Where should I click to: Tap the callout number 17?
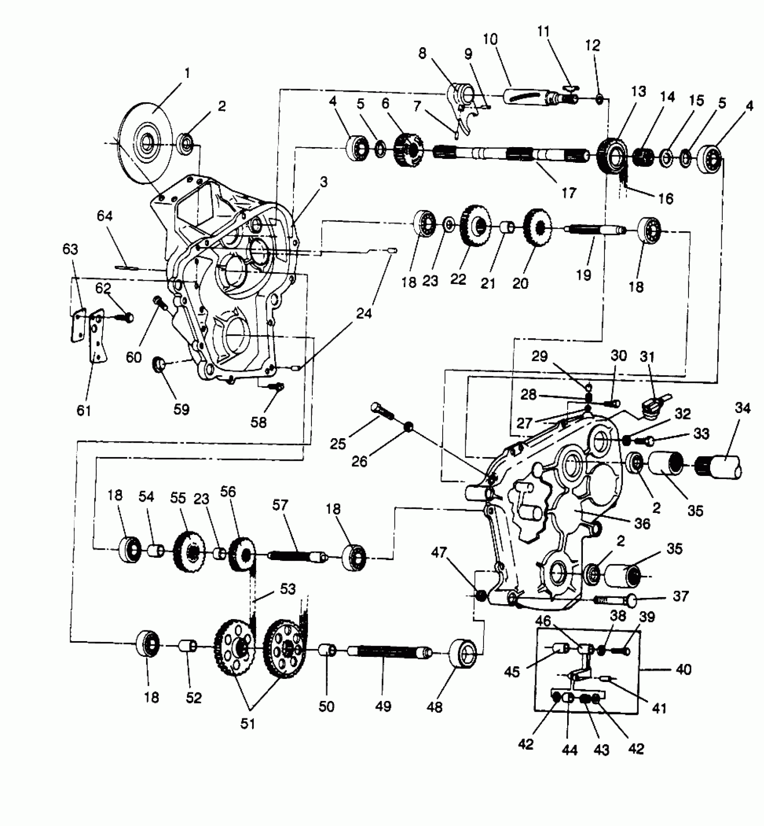coord(569,193)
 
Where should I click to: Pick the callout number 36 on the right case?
coord(642,523)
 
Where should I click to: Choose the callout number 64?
coord(105,216)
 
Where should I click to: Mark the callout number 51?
coord(248,724)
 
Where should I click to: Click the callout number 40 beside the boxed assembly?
coord(683,670)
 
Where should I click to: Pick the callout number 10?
coord(490,40)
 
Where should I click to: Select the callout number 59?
coord(182,409)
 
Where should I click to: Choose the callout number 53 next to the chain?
coord(288,589)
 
